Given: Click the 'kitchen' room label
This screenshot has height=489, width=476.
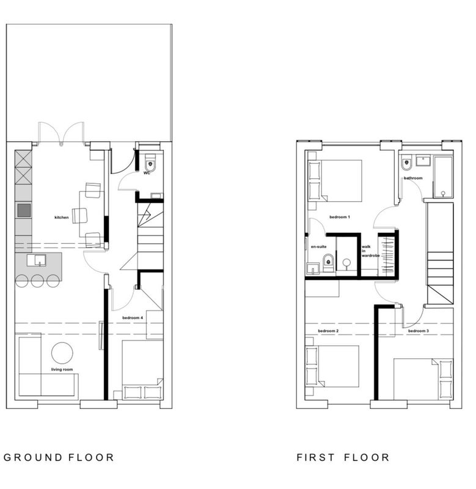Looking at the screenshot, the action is coord(61,218).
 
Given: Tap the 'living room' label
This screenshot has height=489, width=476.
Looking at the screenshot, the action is coord(62,370).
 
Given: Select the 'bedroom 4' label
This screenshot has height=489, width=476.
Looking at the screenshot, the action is coord(133,318).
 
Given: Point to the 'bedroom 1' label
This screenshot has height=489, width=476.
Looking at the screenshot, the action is coord(340,217).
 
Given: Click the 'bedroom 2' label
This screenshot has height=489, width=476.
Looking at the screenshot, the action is coord(328,331).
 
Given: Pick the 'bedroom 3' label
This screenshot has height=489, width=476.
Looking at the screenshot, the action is coord(419,331).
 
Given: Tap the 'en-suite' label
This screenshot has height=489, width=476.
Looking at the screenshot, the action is coord(318,247).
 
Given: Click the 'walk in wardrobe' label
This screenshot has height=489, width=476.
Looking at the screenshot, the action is coord(370,251).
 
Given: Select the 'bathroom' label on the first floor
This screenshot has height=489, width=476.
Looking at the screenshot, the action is coord(413,178).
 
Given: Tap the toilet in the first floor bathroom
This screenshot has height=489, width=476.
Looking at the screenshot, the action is coord(406,163).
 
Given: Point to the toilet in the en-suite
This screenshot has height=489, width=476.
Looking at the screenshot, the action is coord(328,262).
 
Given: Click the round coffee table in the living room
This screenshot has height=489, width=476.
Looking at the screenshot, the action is coord(62,353).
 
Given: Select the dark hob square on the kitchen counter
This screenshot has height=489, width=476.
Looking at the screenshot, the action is coord(24,210).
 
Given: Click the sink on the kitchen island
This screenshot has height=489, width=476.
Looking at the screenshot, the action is coord(36,260).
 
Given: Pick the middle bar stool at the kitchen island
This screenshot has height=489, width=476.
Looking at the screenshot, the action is coord(37,281).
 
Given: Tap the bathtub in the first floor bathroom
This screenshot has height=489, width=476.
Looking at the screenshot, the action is coord(442,177).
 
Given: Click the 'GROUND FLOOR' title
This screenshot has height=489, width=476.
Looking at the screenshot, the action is coord(59,457).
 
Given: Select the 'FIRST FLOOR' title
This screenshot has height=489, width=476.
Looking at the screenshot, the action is coord(343,457).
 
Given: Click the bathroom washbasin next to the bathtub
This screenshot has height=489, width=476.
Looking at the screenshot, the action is coord(423,161).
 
